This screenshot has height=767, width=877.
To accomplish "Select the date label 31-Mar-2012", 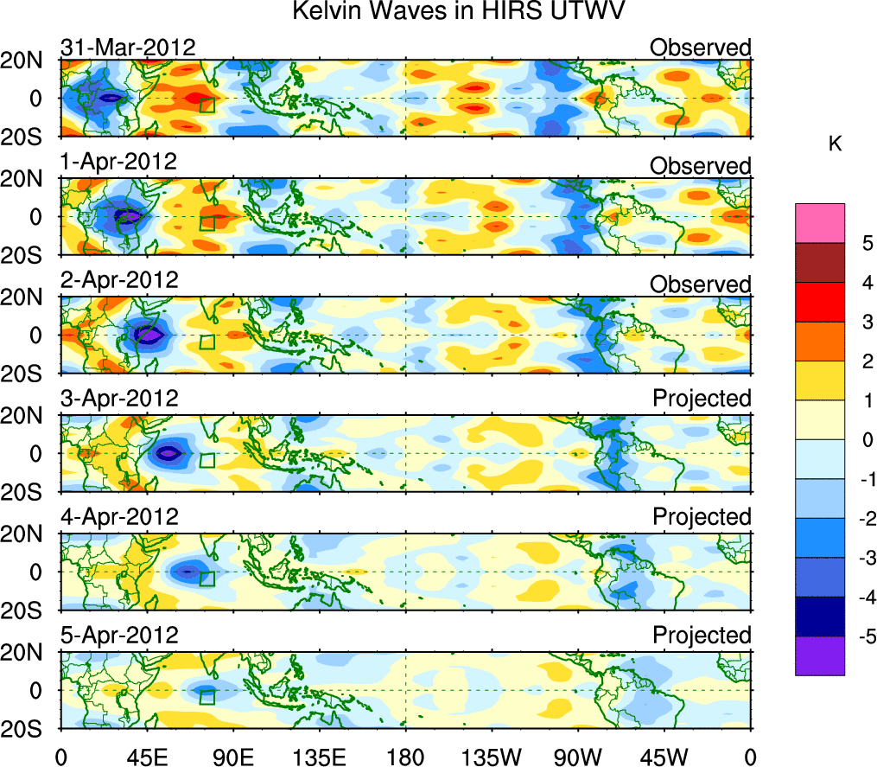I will tap(128, 47).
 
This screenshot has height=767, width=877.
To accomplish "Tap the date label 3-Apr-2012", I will tap(119, 399).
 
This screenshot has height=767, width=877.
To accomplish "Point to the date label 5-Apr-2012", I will tap(119, 636).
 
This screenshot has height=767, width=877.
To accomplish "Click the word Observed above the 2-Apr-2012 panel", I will tap(701, 284).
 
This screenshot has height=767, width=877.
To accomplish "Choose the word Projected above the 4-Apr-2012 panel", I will tap(702, 517).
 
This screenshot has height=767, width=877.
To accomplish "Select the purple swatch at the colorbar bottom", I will tap(819, 655).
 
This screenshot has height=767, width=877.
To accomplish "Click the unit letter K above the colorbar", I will tap(836, 144).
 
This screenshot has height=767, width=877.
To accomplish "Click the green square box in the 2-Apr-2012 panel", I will tap(207, 342).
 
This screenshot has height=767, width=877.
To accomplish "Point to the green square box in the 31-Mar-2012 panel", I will tap(207, 105).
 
